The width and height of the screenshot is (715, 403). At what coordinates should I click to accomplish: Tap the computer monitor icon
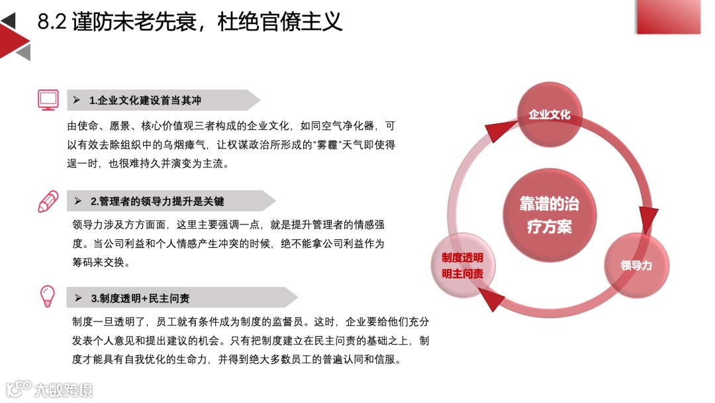48,100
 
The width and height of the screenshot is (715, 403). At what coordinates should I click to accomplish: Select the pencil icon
48,201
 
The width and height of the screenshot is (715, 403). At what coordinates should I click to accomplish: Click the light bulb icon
48,296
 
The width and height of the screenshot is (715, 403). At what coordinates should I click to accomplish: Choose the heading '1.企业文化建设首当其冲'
145,101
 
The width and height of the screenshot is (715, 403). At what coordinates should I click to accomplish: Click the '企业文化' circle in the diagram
549,115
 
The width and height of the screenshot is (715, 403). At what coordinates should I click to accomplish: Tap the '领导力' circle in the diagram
636,265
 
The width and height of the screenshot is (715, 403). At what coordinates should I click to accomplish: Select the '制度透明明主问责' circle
463,266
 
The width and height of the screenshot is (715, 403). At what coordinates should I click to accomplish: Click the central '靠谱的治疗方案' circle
549,215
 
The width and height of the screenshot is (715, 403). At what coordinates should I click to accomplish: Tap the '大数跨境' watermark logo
50,389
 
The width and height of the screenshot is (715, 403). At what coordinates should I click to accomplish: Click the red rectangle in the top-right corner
668,17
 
